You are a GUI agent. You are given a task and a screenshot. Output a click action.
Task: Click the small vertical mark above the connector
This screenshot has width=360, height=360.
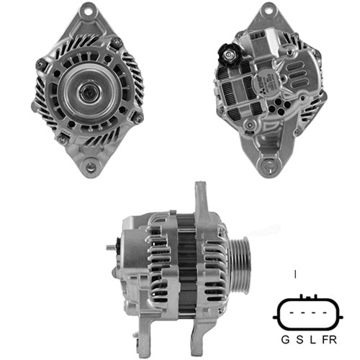point(296,274)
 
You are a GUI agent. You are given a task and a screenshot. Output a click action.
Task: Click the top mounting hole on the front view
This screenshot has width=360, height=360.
point(91,12)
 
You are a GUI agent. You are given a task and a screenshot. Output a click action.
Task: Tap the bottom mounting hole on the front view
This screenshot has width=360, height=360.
point(89,169)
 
